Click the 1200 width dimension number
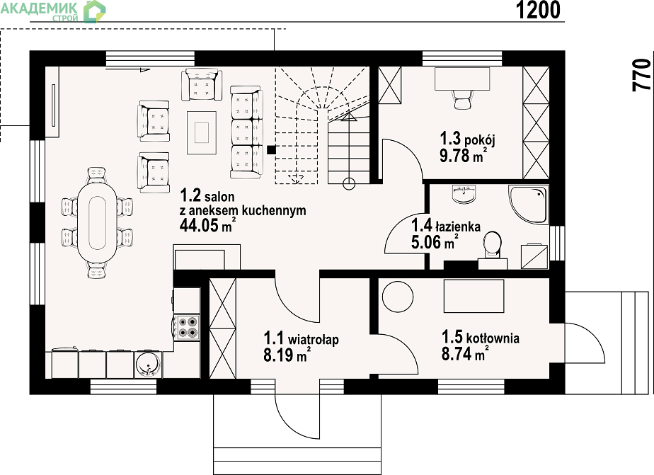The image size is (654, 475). click(x=538, y=10)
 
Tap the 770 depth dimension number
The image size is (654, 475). click(x=641, y=75)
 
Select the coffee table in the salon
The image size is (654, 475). click(x=202, y=132)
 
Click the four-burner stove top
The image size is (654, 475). click(x=187, y=327)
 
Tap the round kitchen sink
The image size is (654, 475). click(x=148, y=364)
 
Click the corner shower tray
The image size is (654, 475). click(x=527, y=205)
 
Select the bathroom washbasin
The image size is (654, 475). click(x=464, y=195)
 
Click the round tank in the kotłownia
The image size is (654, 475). click(x=398, y=297)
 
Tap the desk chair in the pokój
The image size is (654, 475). click(x=461, y=99)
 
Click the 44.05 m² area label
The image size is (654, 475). click(x=207, y=225)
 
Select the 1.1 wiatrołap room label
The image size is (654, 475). click(x=301, y=338)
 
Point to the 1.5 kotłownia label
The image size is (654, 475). click(x=481, y=336)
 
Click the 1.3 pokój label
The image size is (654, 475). click(x=468, y=139)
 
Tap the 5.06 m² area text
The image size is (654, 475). click(x=435, y=242)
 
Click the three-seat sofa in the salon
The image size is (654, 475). click(x=246, y=132)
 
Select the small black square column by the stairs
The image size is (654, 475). click(x=271, y=149)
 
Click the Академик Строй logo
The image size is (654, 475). click(x=53, y=11)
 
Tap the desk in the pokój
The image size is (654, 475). click(x=462, y=79)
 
